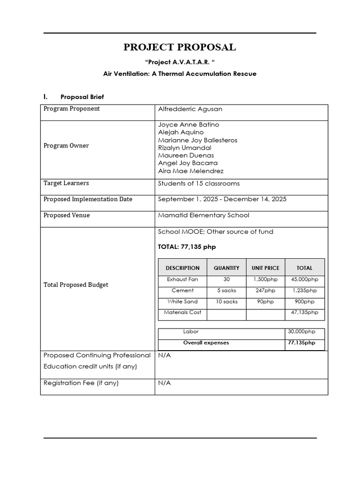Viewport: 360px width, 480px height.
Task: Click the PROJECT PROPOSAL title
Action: coord(180,47)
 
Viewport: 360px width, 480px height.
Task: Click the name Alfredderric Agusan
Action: coord(190,109)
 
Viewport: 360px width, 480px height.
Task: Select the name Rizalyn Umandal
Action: coord(185,148)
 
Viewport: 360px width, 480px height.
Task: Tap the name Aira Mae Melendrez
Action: coord(191,171)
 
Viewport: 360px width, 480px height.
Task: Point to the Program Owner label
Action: coord(66,146)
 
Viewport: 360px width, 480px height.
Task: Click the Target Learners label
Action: coord(66,183)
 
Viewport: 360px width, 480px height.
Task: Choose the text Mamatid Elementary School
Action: coord(204,215)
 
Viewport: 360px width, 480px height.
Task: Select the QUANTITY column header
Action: coord(226,268)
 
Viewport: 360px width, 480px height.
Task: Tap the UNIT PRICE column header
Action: coord(265,268)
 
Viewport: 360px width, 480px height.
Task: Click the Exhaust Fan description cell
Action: coord(182,279)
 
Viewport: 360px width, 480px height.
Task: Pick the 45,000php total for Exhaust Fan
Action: coord(305,279)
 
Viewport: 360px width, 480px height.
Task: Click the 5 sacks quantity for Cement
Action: coord(226,291)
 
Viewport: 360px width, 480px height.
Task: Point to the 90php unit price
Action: coord(265,302)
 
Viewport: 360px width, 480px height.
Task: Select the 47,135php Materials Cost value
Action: coord(305,313)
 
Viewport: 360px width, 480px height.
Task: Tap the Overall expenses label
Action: coord(206,343)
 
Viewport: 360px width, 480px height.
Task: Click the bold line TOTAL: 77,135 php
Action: coord(187,247)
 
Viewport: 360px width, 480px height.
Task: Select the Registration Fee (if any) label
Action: coord(81,383)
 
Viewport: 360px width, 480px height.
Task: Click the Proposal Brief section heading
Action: coord(82,97)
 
